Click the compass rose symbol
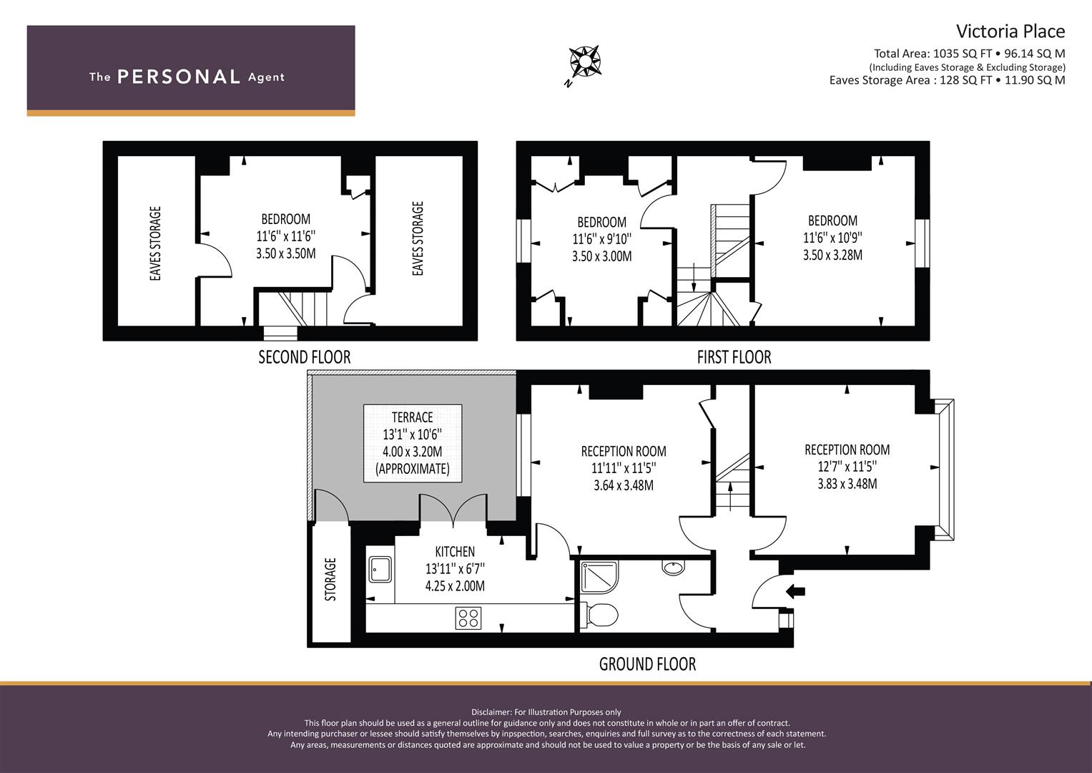[x=584, y=62]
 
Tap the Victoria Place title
[x=1010, y=31]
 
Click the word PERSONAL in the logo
[x=179, y=77]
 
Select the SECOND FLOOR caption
[x=304, y=357]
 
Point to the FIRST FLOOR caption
[x=734, y=357]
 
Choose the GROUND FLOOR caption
[x=647, y=664]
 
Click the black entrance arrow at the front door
[x=795, y=592]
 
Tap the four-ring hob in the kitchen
[x=468, y=618]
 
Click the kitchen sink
[x=380, y=570]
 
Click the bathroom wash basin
[x=673, y=568]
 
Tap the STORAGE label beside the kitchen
[x=330, y=579]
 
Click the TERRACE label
[x=413, y=417]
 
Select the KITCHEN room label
[x=455, y=551]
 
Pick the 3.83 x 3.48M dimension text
[x=847, y=484]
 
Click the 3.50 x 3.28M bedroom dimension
[x=832, y=255]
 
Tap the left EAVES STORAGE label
[x=155, y=243]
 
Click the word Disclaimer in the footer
[x=491, y=712]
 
